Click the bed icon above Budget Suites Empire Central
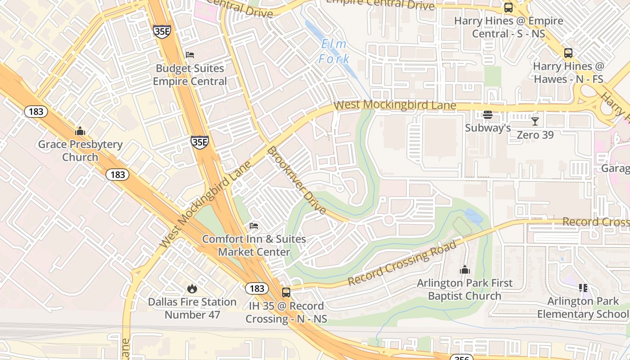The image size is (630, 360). (190, 55)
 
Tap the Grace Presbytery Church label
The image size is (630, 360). (80, 151)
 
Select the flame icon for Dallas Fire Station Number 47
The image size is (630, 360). (192, 288)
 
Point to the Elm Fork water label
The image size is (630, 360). (334, 51)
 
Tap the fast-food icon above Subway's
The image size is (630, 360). (487, 115)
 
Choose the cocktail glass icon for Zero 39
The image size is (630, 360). (535, 121)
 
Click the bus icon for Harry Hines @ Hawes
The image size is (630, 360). (568, 53)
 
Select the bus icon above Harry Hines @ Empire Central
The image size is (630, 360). (508, 8)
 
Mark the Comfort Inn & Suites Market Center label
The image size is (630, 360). (254, 245)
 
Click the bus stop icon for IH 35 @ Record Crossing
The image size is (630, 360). (286, 292)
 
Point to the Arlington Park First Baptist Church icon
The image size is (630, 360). (464, 270)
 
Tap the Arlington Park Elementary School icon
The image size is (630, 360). (583, 288)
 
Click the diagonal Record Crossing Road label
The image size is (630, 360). (402, 263)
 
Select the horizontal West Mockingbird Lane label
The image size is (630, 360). (395, 105)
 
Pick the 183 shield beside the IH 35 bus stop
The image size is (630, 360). (257, 288)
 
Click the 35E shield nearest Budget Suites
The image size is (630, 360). (162, 31)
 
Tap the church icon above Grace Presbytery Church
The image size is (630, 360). (80, 131)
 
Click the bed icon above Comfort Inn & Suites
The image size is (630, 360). (254, 225)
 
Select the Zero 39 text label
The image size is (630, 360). (535, 135)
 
